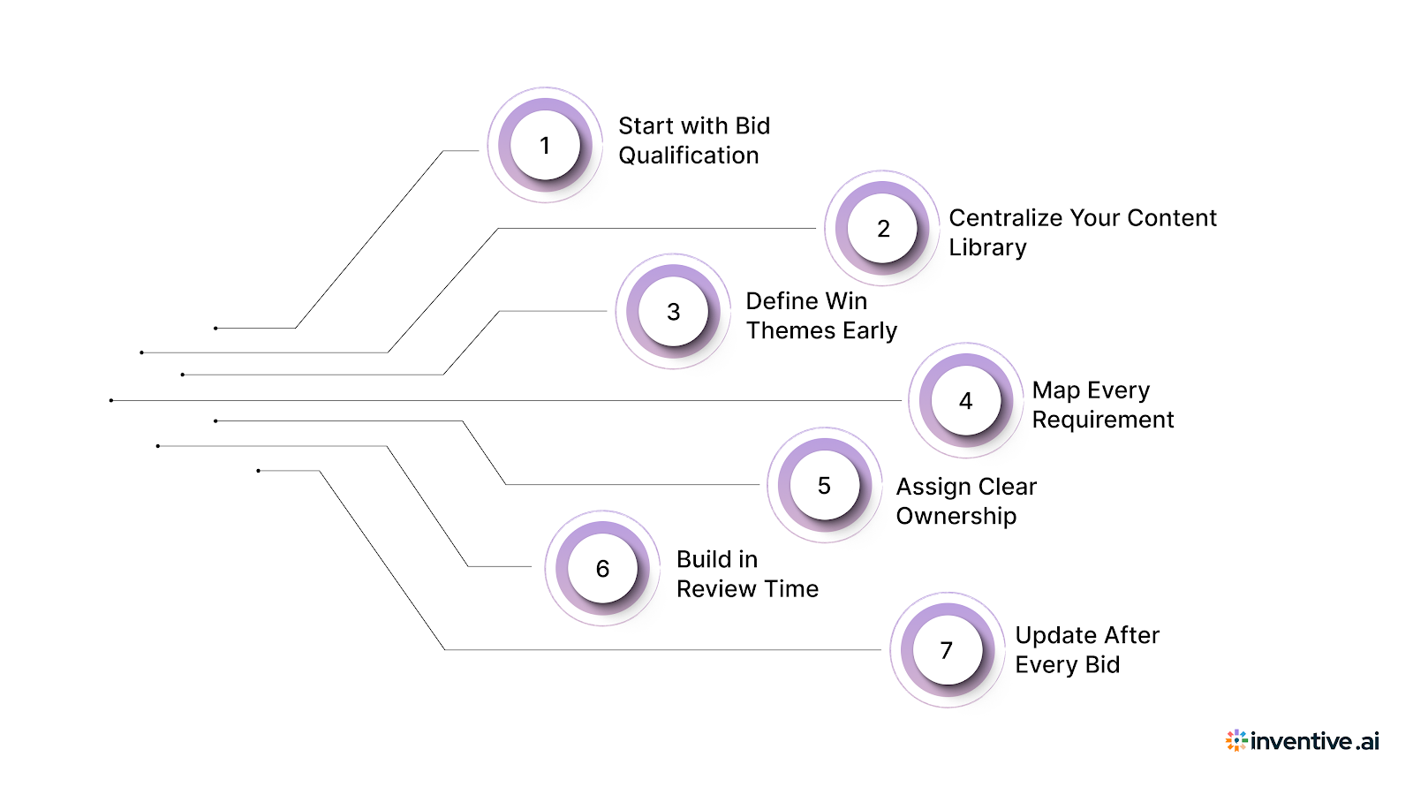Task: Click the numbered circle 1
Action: click(545, 145)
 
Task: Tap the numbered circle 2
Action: click(882, 228)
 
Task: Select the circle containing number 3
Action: click(673, 311)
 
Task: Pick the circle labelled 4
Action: click(965, 400)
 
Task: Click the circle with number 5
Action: click(824, 485)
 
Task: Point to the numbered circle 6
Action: click(602, 568)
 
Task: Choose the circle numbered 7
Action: click(947, 650)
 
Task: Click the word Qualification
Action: click(688, 155)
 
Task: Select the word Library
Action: click(987, 248)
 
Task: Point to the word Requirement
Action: click(1102, 420)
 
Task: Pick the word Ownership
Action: click(956, 516)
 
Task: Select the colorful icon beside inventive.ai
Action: click(1236, 740)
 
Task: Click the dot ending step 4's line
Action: click(111, 400)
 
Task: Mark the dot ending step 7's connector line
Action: click(258, 471)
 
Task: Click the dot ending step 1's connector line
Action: click(215, 329)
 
